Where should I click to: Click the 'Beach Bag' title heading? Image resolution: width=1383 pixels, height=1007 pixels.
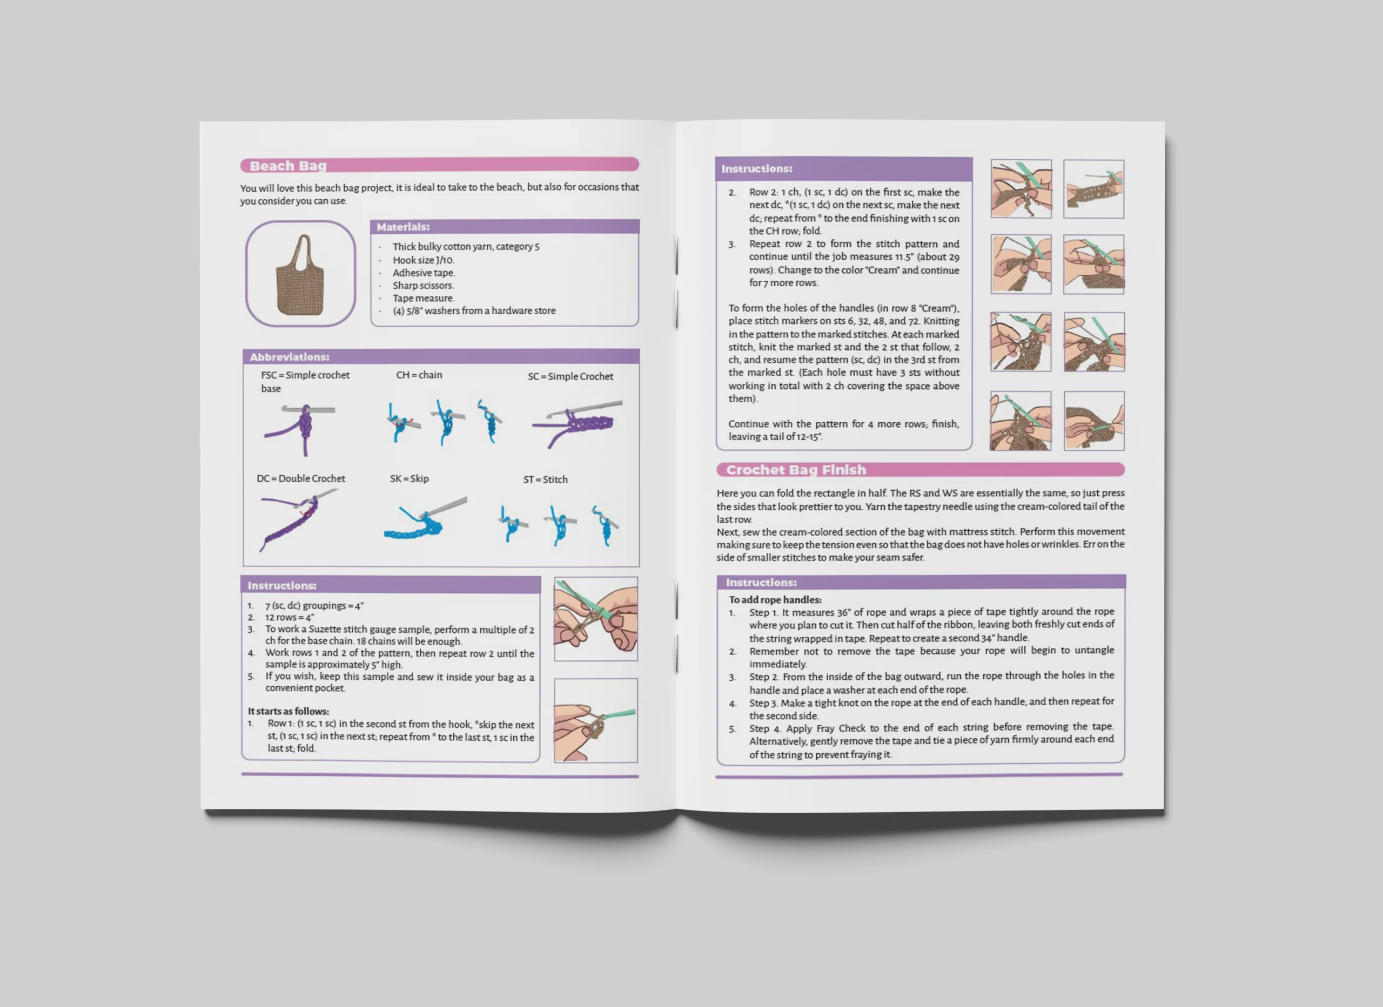(x=288, y=166)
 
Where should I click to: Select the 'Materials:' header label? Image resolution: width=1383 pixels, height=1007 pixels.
(x=403, y=227)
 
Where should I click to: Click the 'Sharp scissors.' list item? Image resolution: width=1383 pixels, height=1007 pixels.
(x=423, y=285)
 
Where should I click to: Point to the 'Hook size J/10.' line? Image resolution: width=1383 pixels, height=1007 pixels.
(x=423, y=260)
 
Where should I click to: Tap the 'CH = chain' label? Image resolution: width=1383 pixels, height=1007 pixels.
(x=419, y=375)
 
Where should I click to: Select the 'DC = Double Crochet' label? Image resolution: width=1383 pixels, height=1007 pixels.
(x=300, y=478)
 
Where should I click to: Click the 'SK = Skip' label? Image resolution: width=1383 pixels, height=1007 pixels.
(x=409, y=478)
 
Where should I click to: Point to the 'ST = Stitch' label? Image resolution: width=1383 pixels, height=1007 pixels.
(x=545, y=479)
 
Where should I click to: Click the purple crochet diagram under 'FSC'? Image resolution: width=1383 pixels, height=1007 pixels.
(x=299, y=430)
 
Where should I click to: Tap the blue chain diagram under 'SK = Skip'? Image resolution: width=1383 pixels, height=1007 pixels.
(x=425, y=519)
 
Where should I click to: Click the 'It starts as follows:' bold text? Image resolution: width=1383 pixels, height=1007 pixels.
(x=288, y=711)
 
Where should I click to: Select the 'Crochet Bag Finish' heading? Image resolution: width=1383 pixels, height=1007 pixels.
(x=796, y=470)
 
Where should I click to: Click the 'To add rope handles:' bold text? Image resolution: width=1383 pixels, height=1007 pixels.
(x=775, y=600)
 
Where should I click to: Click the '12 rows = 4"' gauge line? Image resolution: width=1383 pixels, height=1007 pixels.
(x=289, y=618)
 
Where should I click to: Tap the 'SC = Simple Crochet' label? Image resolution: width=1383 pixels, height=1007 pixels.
(x=570, y=376)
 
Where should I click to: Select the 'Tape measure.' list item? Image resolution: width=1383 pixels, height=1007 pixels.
(x=423, y=298)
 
